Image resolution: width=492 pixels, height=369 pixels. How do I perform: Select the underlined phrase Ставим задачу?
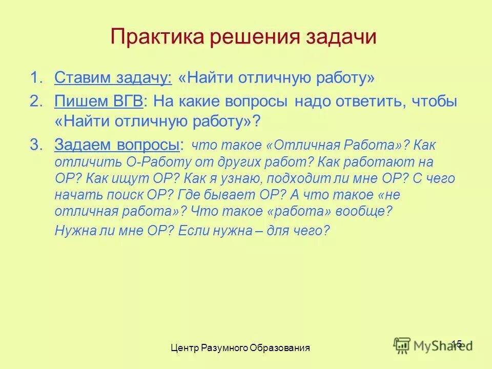[113, 78]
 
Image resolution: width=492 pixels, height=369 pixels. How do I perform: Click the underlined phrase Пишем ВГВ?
[99, 101]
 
